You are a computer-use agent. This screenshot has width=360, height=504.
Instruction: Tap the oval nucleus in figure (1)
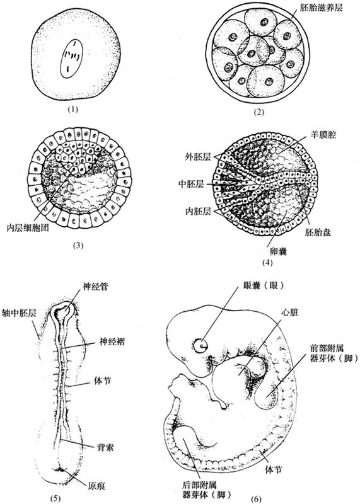pos(72,59)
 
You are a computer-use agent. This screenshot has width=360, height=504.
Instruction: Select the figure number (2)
pos(258,112)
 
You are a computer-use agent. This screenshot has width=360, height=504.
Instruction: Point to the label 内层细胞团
pos(28,228)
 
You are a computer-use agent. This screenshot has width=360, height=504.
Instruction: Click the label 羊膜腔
pos(323,134)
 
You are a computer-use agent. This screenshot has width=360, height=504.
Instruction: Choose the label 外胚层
pos(198,157)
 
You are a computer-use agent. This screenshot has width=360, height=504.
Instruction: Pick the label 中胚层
pos(191,184)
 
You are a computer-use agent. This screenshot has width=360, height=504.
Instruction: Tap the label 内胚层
pos(198,211)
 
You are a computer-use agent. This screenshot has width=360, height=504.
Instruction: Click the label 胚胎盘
pos(318,232)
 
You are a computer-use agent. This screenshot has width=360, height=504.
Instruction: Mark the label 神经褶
pos(112,341)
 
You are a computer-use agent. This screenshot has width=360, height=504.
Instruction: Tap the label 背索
pos(105,447)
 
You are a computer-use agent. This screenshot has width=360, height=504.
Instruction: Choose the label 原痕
pos(96,485)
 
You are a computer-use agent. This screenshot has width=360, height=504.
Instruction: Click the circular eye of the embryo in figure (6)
pos(200,345)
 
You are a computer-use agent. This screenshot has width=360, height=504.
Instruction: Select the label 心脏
pos(290,312)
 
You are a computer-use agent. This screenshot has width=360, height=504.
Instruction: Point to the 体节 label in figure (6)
pos(273,469)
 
